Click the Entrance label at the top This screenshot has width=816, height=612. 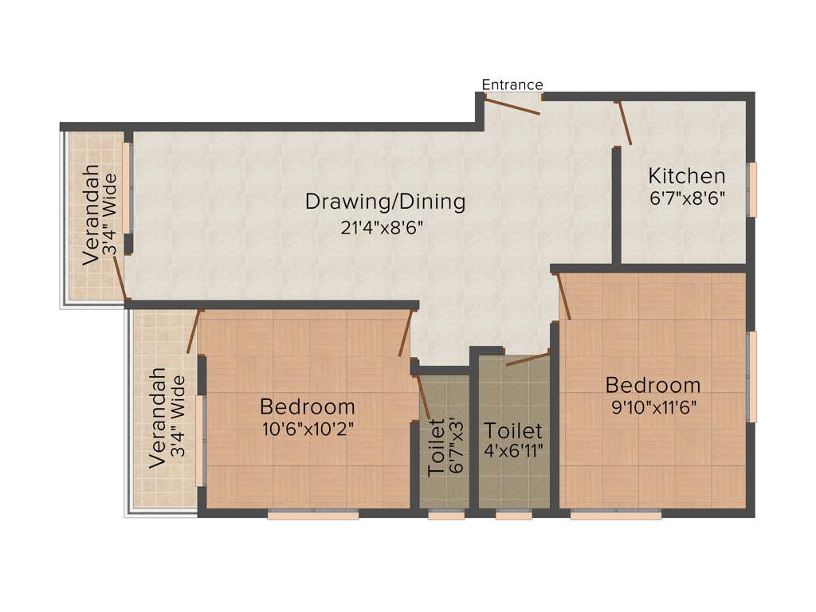(512, 84)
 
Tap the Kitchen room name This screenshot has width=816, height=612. (686, 175)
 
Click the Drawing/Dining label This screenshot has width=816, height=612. (385, 202)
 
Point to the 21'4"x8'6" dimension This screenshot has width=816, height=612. (381, 226)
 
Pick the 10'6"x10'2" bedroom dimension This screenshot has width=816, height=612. (308, 428)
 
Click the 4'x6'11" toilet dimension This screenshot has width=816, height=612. (514, 450)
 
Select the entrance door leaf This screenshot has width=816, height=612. (513, 105)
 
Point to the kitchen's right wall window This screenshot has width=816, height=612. (751, 189)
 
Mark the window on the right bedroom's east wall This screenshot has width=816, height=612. (751, 376)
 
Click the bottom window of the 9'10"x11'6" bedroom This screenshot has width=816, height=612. (616, 516)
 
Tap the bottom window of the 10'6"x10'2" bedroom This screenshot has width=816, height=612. (313, 516)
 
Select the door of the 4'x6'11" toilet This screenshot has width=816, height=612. (528, 358)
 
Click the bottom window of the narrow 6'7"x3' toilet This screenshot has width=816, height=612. (446, 516)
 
